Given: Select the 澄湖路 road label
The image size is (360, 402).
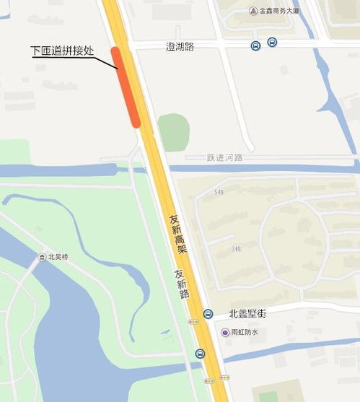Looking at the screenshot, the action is (x=180, y=47).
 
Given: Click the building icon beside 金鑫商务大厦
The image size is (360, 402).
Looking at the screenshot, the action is (x=253, y=12).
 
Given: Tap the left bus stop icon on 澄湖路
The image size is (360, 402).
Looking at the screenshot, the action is (x=255, y=46).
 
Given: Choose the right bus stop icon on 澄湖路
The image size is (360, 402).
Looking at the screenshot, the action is (x=271, y=43).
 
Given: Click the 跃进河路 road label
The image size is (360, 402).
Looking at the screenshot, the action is (x=224, y=157).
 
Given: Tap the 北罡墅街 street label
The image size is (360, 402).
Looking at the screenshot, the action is (x=247, y=314).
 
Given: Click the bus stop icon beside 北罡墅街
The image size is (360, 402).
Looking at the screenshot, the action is (x=208, y=314).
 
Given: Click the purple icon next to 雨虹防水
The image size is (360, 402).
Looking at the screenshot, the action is (x=225, y=332).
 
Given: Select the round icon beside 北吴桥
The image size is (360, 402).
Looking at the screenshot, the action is (x=42, y=257).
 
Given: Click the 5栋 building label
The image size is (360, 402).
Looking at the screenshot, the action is (x=219, y=192).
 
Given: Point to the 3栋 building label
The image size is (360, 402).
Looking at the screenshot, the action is (x=236, y=249).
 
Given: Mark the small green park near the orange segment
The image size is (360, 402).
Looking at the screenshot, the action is (x=173, y=132).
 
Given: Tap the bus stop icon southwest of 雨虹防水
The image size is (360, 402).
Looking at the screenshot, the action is (x=200, y=354).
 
